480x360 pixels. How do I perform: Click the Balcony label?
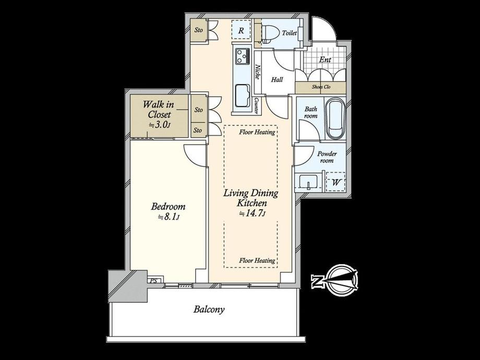point(209,309)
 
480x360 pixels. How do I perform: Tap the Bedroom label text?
point(168,207)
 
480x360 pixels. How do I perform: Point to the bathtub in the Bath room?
point(335,118)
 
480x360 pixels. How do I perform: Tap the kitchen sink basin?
point(243,95)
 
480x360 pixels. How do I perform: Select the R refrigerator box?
point(241,30)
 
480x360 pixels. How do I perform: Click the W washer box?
point(336,182)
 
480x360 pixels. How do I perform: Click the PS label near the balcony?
point(153,280)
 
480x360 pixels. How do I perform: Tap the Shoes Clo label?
point(321,87)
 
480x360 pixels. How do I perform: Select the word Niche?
point(258,72)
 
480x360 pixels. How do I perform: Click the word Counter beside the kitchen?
point(257,105)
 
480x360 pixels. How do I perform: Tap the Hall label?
point(277,80)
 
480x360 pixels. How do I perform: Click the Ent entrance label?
point(325,59)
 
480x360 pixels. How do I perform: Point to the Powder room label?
point(327,157)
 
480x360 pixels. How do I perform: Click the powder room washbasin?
point(308,183)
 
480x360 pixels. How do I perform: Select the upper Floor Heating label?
point(257,132)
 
